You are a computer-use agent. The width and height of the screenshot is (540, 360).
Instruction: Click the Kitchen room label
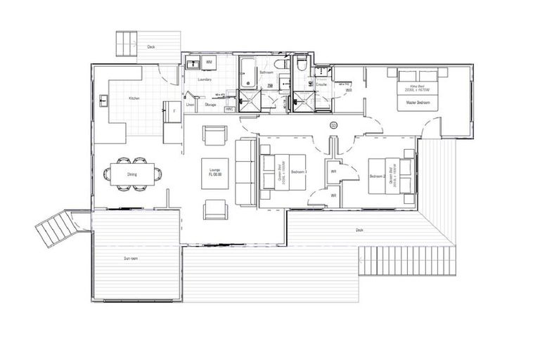point(134,98)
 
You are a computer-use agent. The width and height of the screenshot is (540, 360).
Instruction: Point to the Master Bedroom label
point(418,103)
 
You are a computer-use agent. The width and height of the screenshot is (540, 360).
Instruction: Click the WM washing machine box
point(209,63)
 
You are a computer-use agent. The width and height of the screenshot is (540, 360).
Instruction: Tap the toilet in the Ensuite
point(300,65)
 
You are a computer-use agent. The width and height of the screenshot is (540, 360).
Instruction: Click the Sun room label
point(130,259)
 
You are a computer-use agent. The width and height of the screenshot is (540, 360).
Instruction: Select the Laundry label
point(205,79)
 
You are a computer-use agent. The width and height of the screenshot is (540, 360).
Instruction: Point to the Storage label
point(210,105)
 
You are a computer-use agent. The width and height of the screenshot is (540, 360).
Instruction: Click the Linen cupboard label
point(190,105)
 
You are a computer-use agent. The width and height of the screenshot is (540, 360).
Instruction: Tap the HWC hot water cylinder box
point(229,109)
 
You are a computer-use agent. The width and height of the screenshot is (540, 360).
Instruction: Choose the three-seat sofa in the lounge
point(245,172)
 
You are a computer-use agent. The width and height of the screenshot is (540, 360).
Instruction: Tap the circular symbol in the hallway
point(333,125)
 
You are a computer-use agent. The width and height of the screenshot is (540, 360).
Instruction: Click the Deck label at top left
point(150,47)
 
